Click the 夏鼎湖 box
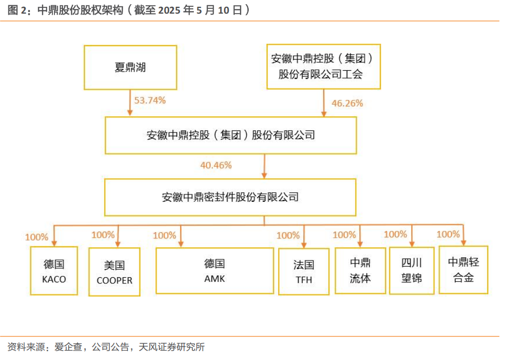click(x=130, y=68)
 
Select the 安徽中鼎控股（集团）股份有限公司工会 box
click(x=324, y=67)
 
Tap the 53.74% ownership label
click(x=150, y=100)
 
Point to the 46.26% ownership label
click(x=347, y=103)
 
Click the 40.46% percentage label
click(x=216, y=166)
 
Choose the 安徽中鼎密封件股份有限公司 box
click(x=230, y=197)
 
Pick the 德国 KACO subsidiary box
click(x=54, y=271)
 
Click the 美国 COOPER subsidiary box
click(x=114, y=271)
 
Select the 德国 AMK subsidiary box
click(x=214, y=271)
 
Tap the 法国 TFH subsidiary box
click(x=304, y=271)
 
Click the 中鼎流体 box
click(x=360, y=271)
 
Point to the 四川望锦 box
click(x=412, y=271)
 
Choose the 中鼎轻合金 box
click(x=464, y=270)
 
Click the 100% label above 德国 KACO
click(x=37, y=237)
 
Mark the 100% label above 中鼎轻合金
click(x=448, y=234)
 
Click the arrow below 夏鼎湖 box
click(x=130, y=103)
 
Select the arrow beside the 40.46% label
click(x=265, y=166)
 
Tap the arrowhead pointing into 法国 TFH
click(x=304, y=245)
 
